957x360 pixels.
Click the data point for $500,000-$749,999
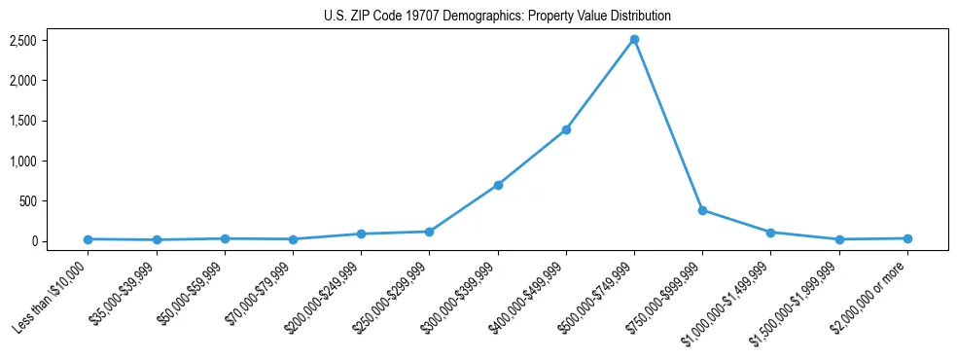point(634,40)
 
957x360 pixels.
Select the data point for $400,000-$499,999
point(566,129)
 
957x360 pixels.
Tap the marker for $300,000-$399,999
point(498,185)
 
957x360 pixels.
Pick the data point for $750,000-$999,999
point(702,210)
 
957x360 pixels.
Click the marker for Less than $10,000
point(89,239)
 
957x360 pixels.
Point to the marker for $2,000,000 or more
point(907,238)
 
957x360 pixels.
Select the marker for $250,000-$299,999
point(430,232)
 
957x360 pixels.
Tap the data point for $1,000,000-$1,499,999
point(770,233)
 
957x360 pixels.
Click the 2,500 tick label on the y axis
point(51,40)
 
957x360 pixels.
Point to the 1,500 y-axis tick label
point(51,121)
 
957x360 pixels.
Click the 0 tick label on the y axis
point(60,241)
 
